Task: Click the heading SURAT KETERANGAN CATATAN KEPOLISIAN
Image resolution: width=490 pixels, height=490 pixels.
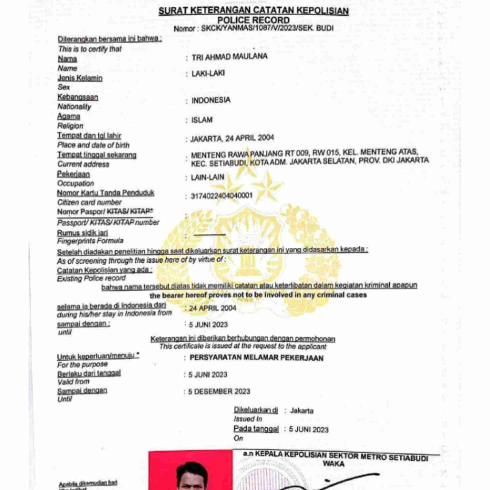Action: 253,11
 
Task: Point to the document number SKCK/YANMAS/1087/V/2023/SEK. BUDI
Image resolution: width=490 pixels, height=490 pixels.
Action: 267,28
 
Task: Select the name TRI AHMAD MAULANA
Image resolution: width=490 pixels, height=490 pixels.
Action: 229,57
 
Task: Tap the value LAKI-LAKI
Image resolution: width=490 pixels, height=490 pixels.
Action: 208,74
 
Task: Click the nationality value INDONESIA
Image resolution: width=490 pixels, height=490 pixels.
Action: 211,100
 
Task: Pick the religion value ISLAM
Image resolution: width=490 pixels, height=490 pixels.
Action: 202,120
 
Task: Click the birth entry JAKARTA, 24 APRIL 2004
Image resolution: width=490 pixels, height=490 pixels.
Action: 232,138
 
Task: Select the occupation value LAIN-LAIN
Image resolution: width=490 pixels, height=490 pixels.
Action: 207,177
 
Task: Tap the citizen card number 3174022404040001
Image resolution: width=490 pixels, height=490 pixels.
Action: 222,196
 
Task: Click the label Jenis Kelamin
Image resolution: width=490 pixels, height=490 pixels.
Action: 80,78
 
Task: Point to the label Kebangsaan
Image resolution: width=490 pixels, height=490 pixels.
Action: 78,97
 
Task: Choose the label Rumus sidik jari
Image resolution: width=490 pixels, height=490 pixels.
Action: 82,233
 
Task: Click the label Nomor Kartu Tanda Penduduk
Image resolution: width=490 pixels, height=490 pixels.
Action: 106,193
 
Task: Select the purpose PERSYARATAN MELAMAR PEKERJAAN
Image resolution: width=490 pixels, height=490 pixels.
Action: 256,358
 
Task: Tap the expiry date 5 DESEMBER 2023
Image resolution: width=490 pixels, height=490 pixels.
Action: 219,391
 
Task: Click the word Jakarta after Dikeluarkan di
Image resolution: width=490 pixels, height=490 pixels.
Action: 302,411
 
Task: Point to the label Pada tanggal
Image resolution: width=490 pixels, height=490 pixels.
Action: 256,429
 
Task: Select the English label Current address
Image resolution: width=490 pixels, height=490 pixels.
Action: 83,164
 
